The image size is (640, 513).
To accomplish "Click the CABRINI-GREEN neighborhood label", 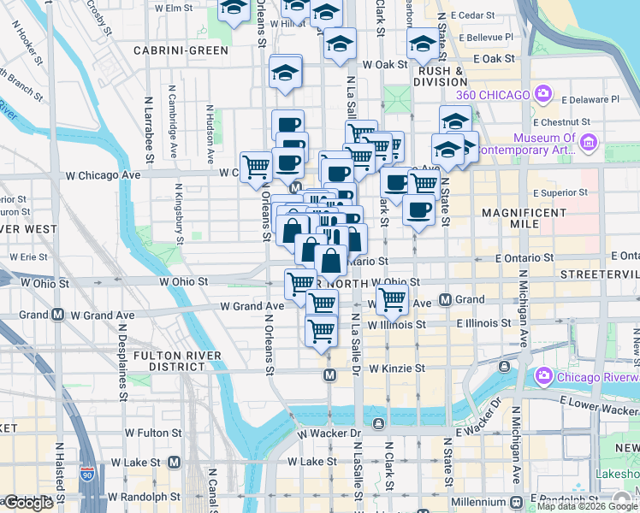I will tap(181, 50).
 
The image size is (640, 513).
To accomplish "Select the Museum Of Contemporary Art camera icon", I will tap(588, 142).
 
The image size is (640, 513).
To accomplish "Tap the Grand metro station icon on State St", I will tap(445, 299).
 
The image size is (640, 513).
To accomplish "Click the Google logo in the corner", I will tap(27, 502).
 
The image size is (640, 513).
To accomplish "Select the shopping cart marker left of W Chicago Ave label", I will tap(256, 168).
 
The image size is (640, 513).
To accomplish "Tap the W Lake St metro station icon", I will tap(175, 462).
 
